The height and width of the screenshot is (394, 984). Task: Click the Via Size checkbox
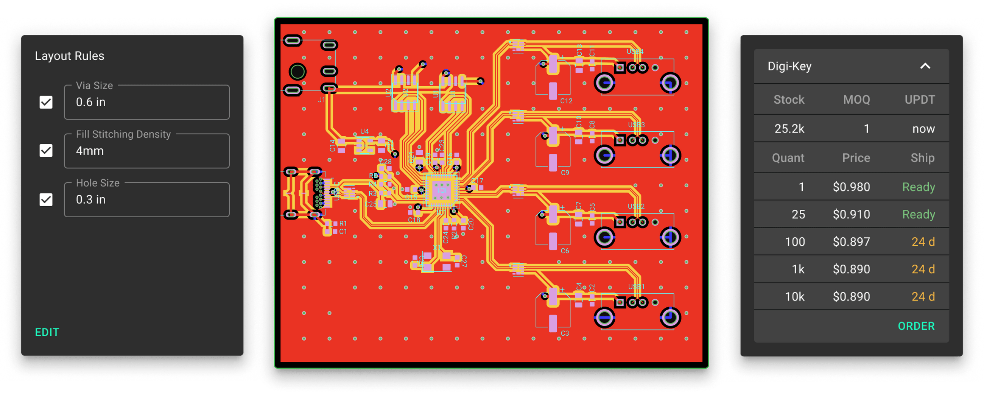click(46, 102)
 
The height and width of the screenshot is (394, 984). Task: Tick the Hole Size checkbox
click(46, 199)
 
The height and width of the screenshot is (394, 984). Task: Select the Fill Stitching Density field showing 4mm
click(147, 151)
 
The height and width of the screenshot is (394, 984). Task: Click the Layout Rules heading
click(70, 56)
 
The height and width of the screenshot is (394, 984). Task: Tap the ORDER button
click(916, 326)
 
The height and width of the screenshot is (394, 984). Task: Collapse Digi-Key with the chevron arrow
click(925, 66)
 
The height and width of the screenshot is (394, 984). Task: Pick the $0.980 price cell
click(851, 187)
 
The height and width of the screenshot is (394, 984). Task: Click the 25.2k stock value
click(789, 129)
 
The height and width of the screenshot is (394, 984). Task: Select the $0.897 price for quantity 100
click(851, 242)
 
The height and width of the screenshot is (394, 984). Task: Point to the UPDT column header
click(919, 100)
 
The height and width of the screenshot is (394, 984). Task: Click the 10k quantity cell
click(794, 297)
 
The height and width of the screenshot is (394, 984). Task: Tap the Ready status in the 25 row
click(918, 214)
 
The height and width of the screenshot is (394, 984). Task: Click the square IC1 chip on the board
click(442, 190)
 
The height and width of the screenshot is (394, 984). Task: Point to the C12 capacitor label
click(566, 101)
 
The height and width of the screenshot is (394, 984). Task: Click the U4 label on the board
click(364, 131)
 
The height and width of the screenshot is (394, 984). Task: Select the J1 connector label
click(322, 100)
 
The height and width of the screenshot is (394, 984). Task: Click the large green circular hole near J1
click(297, 72)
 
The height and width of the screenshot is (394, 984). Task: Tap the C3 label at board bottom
click(565, 333)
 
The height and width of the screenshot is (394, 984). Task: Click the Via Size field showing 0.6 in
click(147, 102)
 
